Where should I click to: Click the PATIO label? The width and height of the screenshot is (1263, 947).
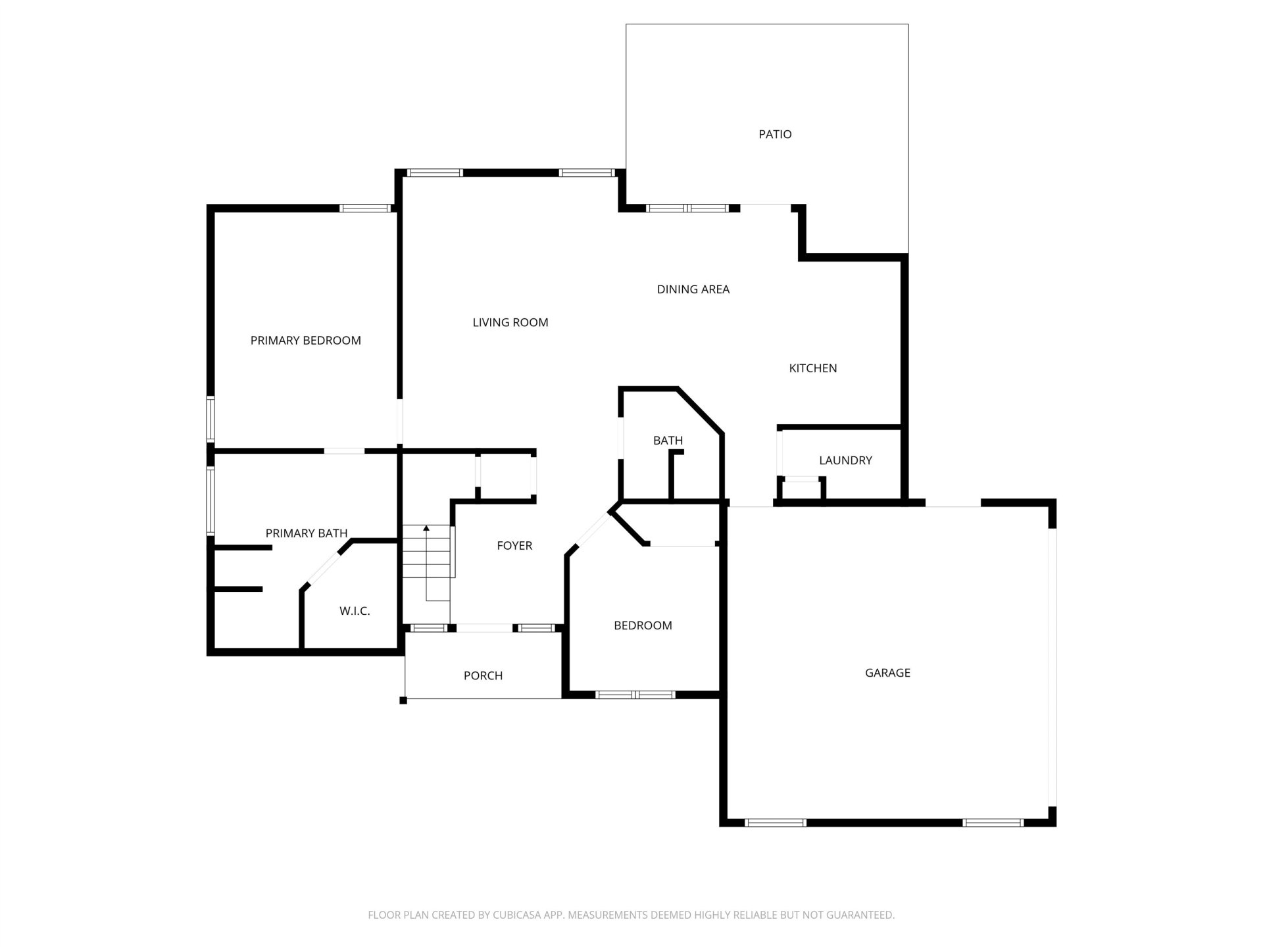click(775, 134)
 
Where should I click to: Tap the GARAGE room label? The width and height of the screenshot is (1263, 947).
click(887, 673)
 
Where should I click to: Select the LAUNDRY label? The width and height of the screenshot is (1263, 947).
click(845, 460)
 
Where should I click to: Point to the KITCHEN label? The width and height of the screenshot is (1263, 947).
click(813, 368)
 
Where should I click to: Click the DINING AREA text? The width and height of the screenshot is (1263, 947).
click(693, 289)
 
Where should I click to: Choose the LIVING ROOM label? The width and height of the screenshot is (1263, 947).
click(510, 322)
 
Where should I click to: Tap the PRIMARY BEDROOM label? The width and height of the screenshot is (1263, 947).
click(306, 341)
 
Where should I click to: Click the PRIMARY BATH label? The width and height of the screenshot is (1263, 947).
click(307, 533)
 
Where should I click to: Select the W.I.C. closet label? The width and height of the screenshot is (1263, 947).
click(355, 611)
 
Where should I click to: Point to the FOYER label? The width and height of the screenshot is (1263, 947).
click(514, 545)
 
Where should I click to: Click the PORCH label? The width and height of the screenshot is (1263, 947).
click(483, 675)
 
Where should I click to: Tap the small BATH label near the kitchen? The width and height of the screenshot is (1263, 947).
click(668, 441)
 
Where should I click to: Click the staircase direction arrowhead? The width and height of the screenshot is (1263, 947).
click(426, 528)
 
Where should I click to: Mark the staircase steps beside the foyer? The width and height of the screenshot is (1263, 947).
click(426, 551)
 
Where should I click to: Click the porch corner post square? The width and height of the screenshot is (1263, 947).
click(403, 700)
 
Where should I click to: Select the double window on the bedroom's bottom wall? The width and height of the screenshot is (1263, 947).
click(635, 694)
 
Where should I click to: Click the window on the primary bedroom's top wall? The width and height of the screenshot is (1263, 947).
click(366, 208)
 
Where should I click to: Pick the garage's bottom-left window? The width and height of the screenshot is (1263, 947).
click(775, 822)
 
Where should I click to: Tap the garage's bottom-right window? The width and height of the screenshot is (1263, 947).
click(993, 822)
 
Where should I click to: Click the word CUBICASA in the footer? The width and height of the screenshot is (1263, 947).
click(520, 915)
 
